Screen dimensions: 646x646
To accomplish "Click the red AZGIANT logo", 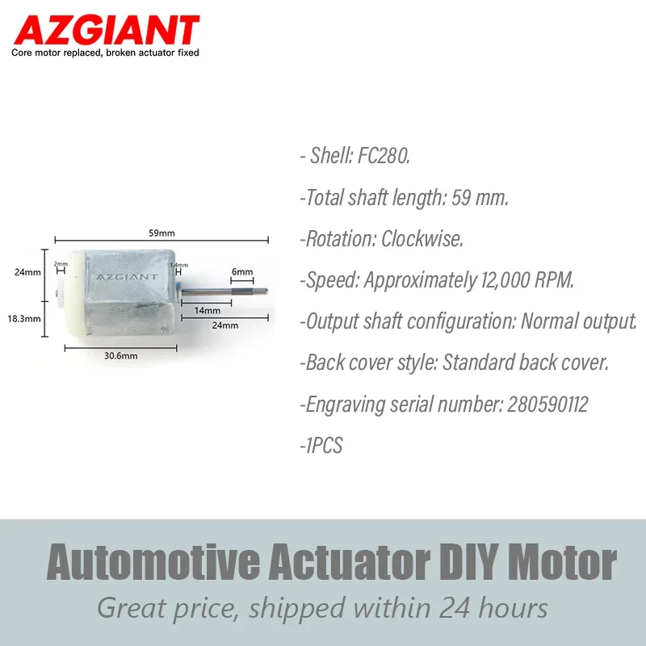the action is point(107,30).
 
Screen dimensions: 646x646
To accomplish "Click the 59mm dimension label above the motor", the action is point(162,233).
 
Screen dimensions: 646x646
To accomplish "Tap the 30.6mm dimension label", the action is point(120,355).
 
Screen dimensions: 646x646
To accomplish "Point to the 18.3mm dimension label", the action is point(24,318).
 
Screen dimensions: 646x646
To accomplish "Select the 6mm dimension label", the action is point(242,272).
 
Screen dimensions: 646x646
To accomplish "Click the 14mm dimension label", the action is point(208,310).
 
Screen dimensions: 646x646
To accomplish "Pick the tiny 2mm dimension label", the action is point(61,264).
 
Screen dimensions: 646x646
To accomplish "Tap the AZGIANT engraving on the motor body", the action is point(127,277).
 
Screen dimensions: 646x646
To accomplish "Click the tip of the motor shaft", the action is point(266,292).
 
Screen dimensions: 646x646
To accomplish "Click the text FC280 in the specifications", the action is point(383,156).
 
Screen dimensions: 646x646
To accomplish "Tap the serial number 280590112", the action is point(547,405).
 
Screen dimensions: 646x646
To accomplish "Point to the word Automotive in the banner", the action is point(153,561).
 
